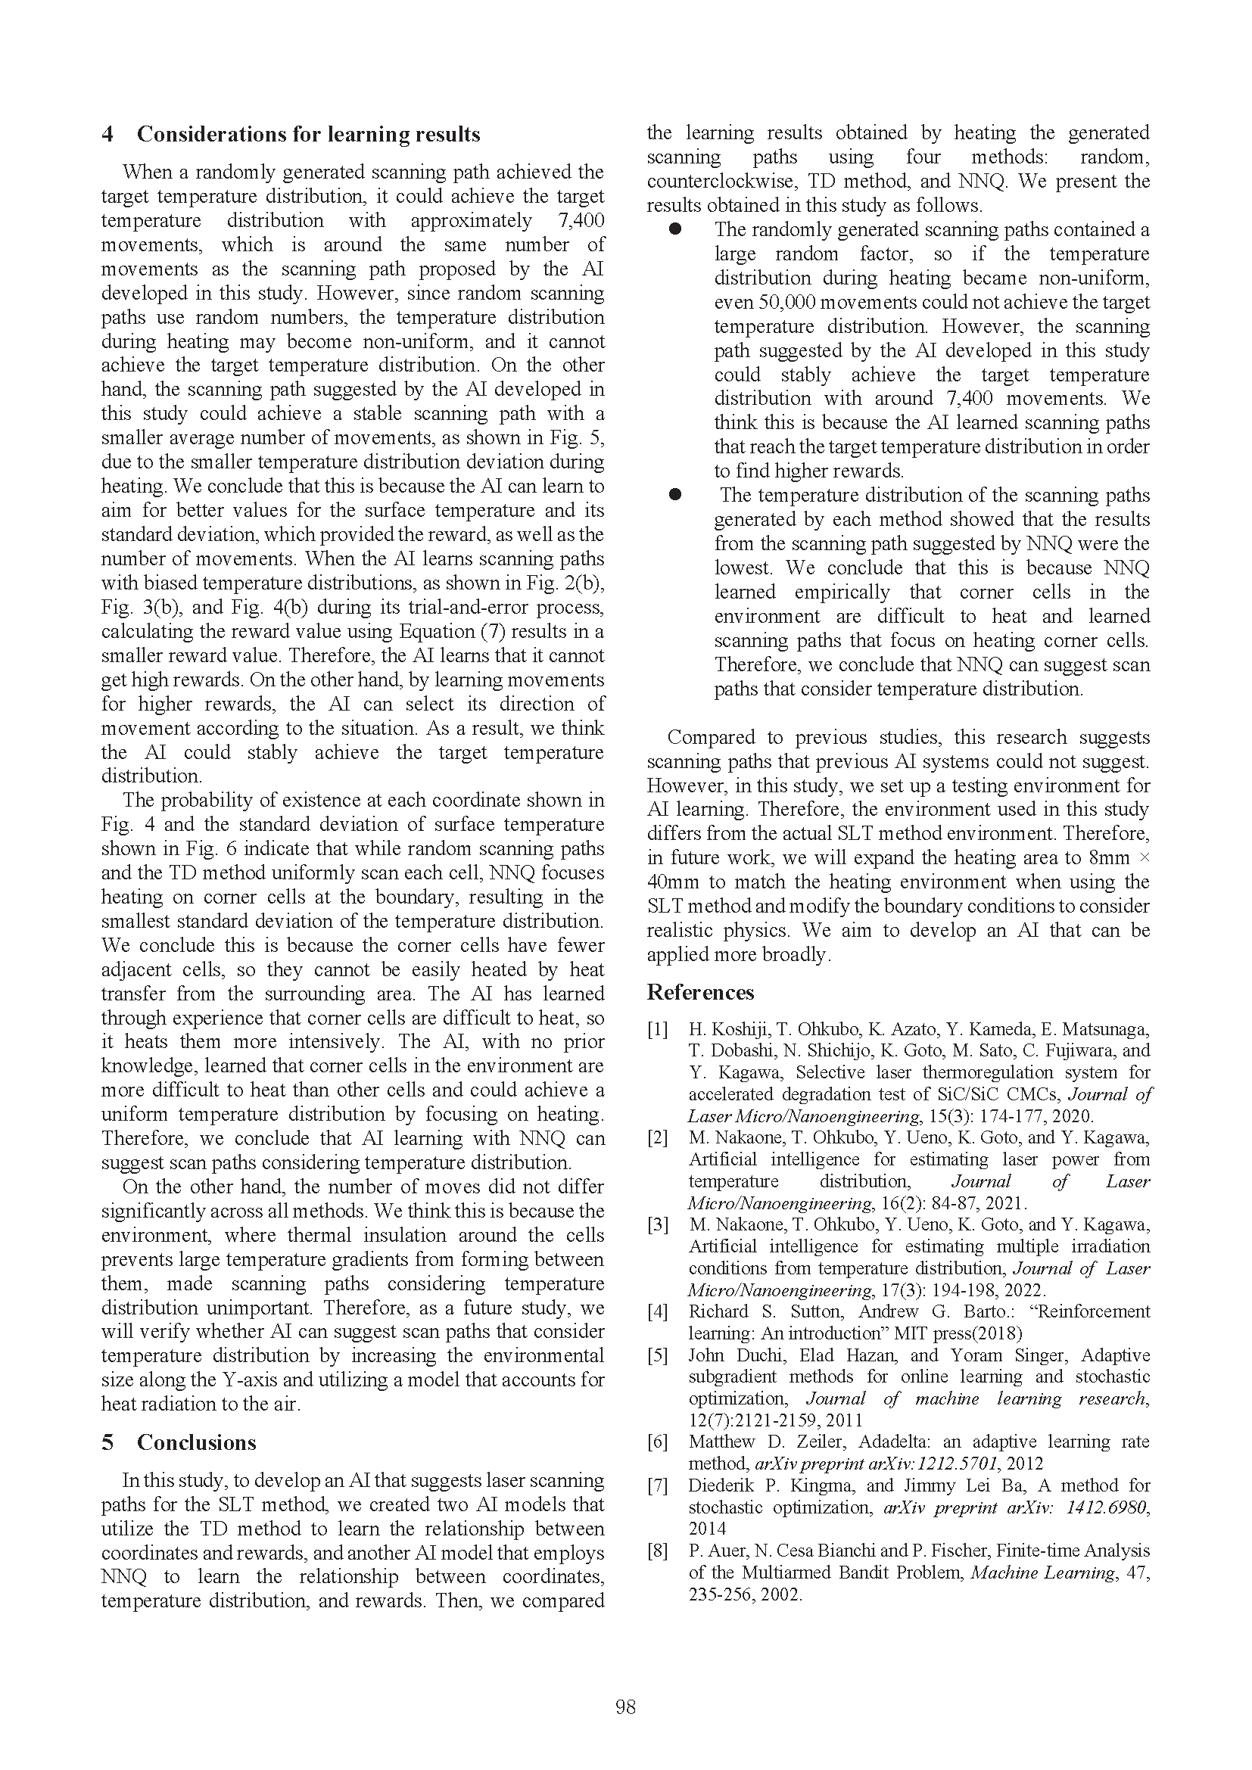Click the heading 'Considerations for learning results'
[x=308, y=135]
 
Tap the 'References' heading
[x=700, y=992]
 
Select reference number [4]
[x=657, y=1311]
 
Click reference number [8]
[x=657, y=1551]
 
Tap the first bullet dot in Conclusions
[x=676, y=229]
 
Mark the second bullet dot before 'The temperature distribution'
[x=676, y=495]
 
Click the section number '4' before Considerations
[x=107, y=135]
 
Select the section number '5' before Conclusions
[x=107, y=1443]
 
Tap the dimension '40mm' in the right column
[x=668, y=882]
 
